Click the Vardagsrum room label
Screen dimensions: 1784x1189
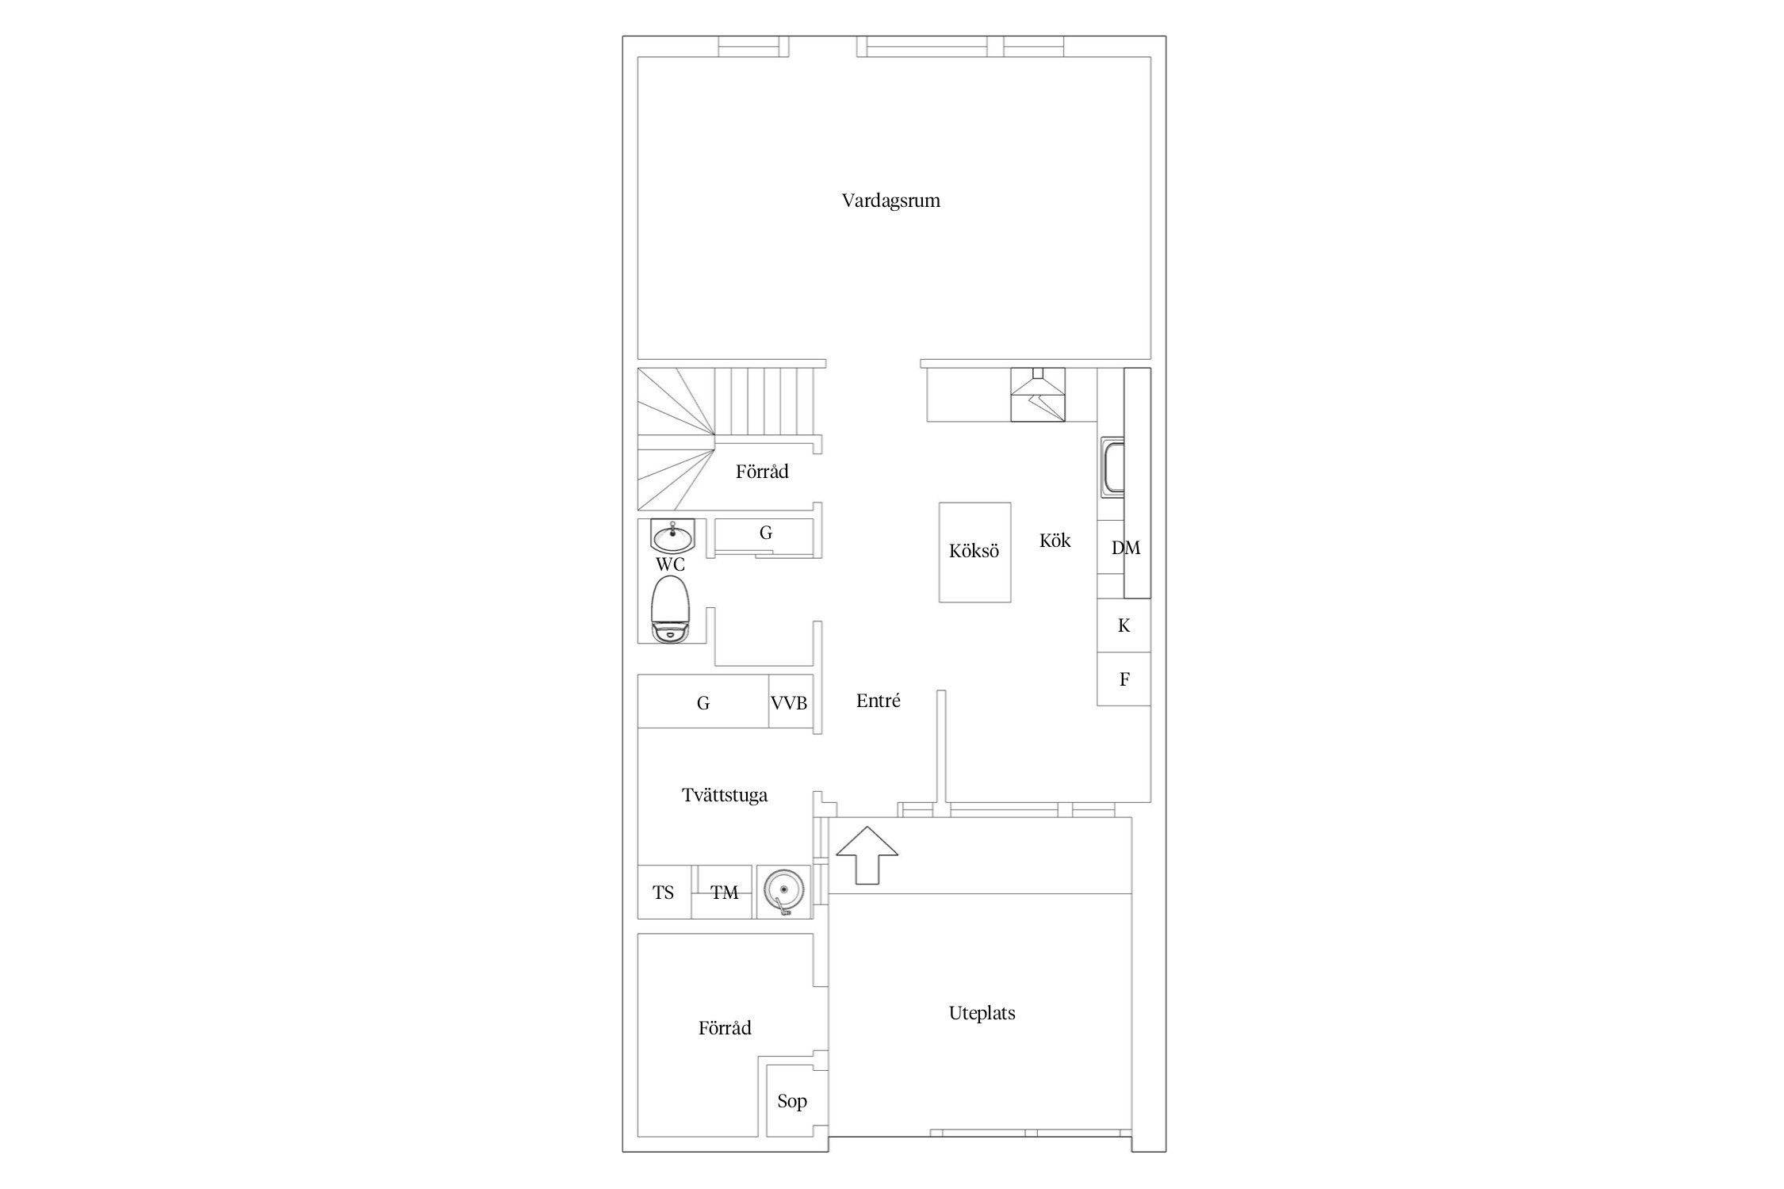[x=891, y=201]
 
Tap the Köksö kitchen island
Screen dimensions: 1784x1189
[x=974, y=552]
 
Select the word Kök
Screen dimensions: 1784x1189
[x=1055, y=541]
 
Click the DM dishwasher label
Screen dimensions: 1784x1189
[x=1125, y=548]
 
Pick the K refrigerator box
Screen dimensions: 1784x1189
[x=1124, y=625]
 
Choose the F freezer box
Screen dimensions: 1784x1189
[x=1124, y=679]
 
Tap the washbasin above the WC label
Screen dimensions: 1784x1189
[x=672, y=537]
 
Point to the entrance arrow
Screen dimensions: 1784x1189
[x=867, y=854]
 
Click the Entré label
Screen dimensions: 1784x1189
[x=879, y=701]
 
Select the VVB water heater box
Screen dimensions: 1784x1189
[x=789, y=701]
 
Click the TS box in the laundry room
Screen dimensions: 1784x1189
[x=664, y=892]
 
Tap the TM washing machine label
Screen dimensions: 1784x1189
[x=724, y=893]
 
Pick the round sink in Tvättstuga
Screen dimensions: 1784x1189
[x=783, y=892]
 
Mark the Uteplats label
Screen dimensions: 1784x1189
[x=982, y=1013]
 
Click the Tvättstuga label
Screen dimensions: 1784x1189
[x=725, y=795]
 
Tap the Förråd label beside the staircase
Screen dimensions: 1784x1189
[x=762, y=472]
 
